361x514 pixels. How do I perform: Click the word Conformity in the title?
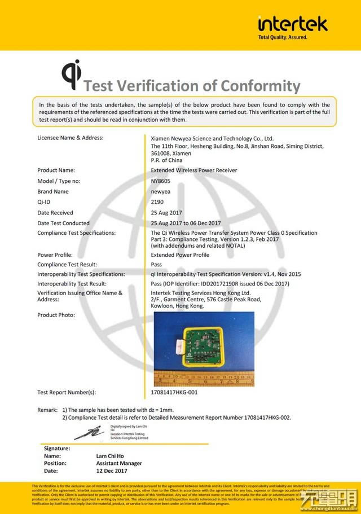coord(260,86)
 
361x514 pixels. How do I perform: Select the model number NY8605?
coord(160,181)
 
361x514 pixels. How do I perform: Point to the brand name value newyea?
coord(161,191)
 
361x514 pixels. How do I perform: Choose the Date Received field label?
coord(55,213)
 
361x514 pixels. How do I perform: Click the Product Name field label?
coord(56,170)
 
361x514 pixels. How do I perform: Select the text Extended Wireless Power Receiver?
coord(194,170)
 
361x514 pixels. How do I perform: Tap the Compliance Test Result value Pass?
coord(156,264)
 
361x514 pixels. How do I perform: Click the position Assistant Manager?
coord(119,463)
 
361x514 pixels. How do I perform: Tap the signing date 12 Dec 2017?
coord(112,471)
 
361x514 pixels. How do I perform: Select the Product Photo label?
coord(56,315)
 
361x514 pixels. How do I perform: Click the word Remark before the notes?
coord(47,410)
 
